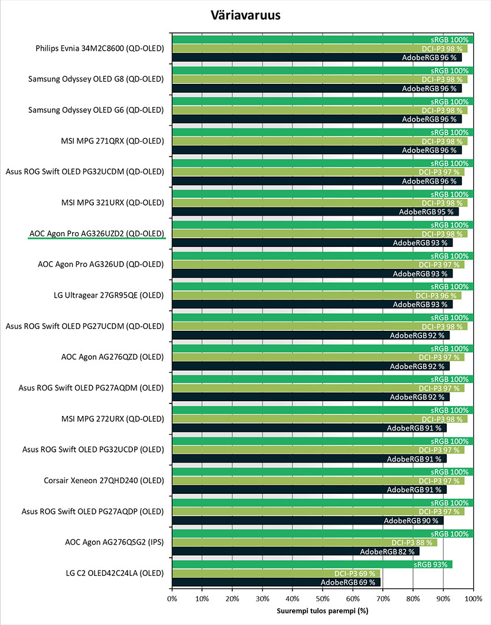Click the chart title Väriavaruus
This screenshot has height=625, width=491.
tap(246, 15)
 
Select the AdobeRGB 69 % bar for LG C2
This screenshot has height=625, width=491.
tap(276, 582)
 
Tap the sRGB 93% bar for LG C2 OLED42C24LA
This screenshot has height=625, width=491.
tap(312, 564)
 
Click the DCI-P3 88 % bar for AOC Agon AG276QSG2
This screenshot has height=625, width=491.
tap(304, 542)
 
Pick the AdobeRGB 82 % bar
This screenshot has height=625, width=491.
tap(295, 552)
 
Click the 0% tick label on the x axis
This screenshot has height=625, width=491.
tap(172, 598)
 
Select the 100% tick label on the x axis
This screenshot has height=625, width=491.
tap(473, 598)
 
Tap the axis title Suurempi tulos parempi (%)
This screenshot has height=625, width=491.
tap(323, 611)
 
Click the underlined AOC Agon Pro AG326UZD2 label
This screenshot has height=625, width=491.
tap(96, 233)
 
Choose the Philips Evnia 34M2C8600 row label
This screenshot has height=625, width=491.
tap(100, 48)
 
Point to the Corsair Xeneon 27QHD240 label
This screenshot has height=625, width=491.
tap(104, 481)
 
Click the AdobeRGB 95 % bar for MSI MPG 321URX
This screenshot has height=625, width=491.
tap(316, 212)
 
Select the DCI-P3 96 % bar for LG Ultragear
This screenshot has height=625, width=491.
tap(317, 296)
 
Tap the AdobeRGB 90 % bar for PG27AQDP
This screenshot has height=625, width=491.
tap(308, 520)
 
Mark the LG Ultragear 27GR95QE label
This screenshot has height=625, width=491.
tap(109, 295)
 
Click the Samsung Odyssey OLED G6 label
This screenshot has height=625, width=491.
tap(96, 110)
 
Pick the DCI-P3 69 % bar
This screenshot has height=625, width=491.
tap(276, 574)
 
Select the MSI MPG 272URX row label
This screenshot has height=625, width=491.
tap(113, 419)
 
